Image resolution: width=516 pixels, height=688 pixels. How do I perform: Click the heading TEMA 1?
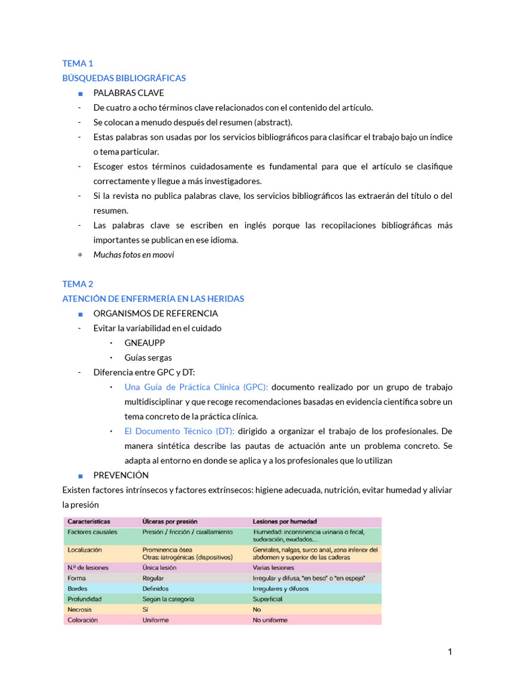77,63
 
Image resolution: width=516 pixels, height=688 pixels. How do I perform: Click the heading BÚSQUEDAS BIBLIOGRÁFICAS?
124,78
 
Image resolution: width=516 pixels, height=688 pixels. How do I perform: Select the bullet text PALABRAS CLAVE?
128,93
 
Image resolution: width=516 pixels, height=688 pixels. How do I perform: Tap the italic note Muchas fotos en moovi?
134,255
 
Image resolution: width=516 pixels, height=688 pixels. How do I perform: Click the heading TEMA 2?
77,284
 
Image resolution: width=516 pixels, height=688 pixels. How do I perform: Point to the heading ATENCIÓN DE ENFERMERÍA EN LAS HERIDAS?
153,298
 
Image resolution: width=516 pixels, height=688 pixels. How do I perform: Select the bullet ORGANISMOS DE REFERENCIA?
155,313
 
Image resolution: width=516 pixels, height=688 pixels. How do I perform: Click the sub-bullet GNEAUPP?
144,343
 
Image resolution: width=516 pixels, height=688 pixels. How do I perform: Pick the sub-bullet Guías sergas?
148,357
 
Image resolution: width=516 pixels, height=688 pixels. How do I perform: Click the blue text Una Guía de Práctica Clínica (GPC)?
196,387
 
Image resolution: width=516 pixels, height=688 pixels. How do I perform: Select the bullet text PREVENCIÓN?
121,475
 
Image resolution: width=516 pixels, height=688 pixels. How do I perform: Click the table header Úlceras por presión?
171,521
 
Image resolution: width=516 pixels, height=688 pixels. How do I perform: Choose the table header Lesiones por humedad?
285,521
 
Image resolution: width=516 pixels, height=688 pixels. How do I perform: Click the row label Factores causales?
92,531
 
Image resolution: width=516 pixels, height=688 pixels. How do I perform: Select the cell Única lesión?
160,567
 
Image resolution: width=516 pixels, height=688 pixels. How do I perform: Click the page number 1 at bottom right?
449,652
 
